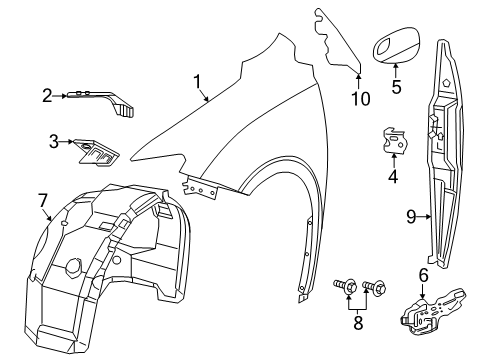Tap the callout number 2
click(47, 95)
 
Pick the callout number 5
click(396, 86)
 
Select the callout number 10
click(360, 97)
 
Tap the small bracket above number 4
click(397, 142)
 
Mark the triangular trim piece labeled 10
click(341, 40)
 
